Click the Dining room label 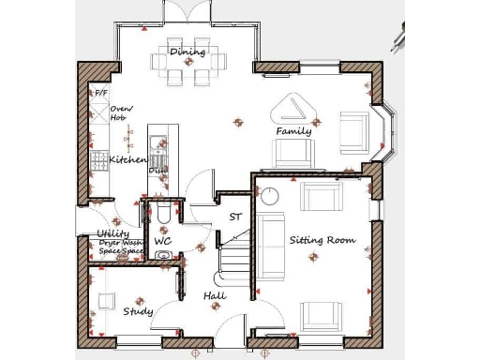point(187,51)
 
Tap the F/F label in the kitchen point(100,95)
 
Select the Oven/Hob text point(119,113)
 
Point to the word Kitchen point(128,160)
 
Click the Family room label point(293,131)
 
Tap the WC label point(162,241)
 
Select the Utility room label point(113,234)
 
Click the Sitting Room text point(322,240)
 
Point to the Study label point(138,311)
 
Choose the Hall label point(215,296)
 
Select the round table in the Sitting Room point(270,196)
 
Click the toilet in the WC point(162,217)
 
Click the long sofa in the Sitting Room point(271,247)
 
